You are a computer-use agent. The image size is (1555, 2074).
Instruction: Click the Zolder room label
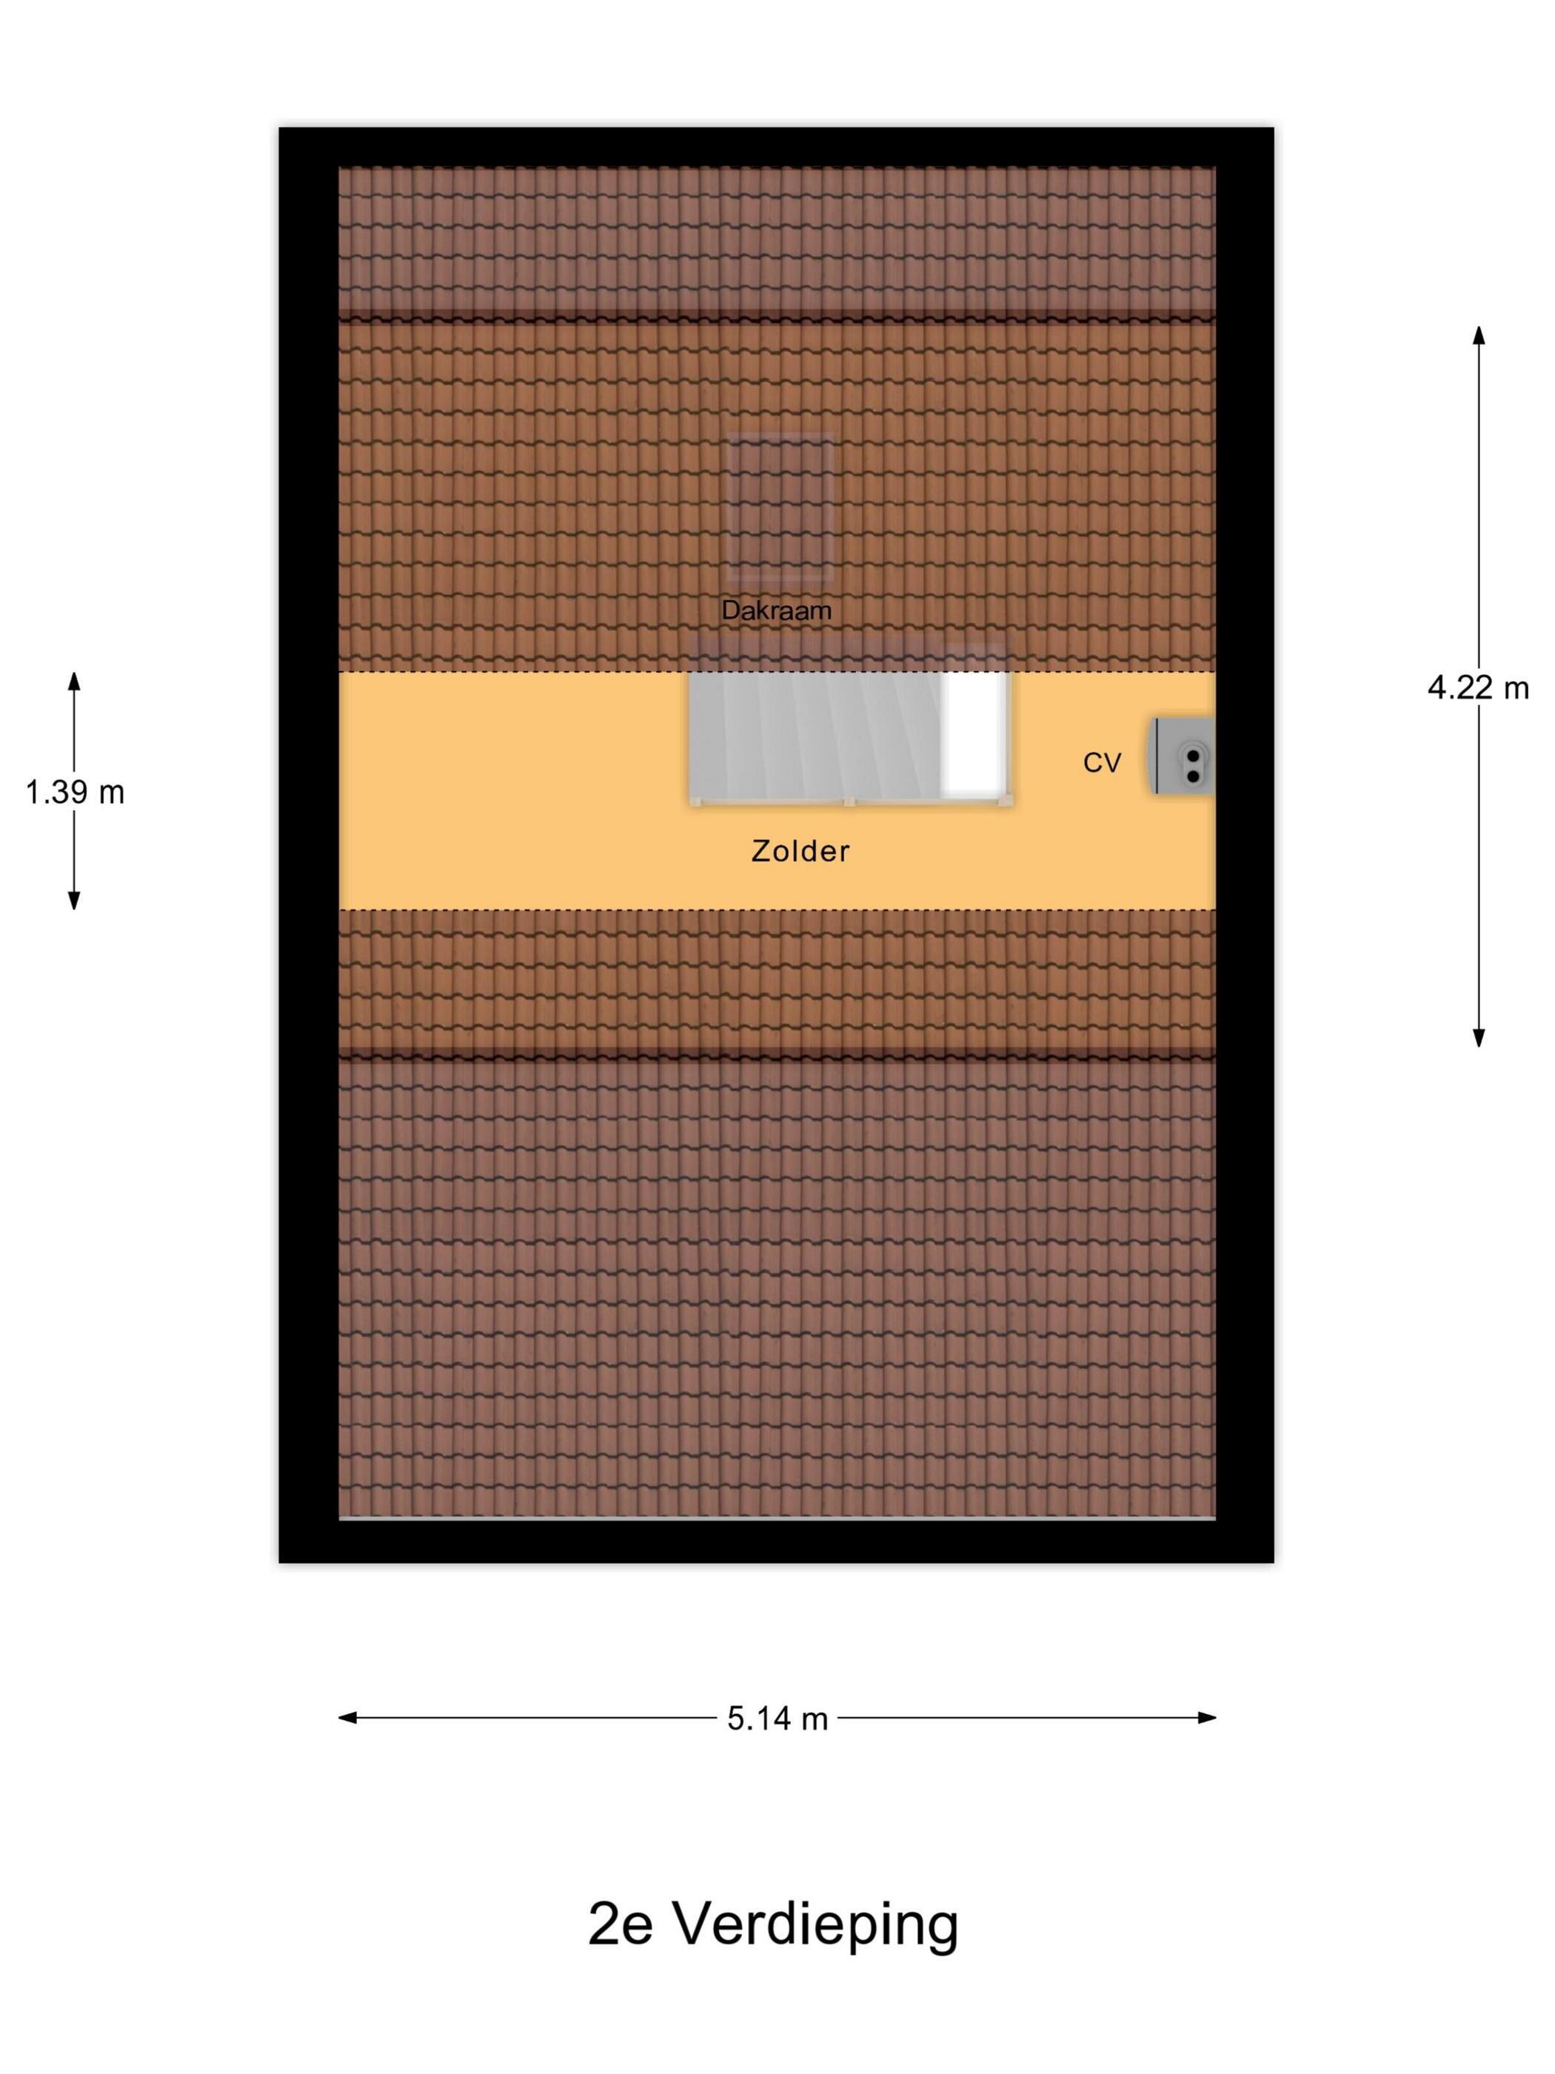[800, 850]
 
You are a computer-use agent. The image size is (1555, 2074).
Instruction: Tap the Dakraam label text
[776, 610]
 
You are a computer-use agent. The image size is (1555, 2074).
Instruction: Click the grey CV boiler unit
[1181, 756]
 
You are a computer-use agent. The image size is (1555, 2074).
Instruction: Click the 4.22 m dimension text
[1477, 688]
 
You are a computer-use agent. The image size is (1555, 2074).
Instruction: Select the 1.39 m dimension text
[75, 793]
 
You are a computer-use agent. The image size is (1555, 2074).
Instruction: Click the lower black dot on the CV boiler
[1192, 776]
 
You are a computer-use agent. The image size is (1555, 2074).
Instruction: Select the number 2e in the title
[620, 1925]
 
